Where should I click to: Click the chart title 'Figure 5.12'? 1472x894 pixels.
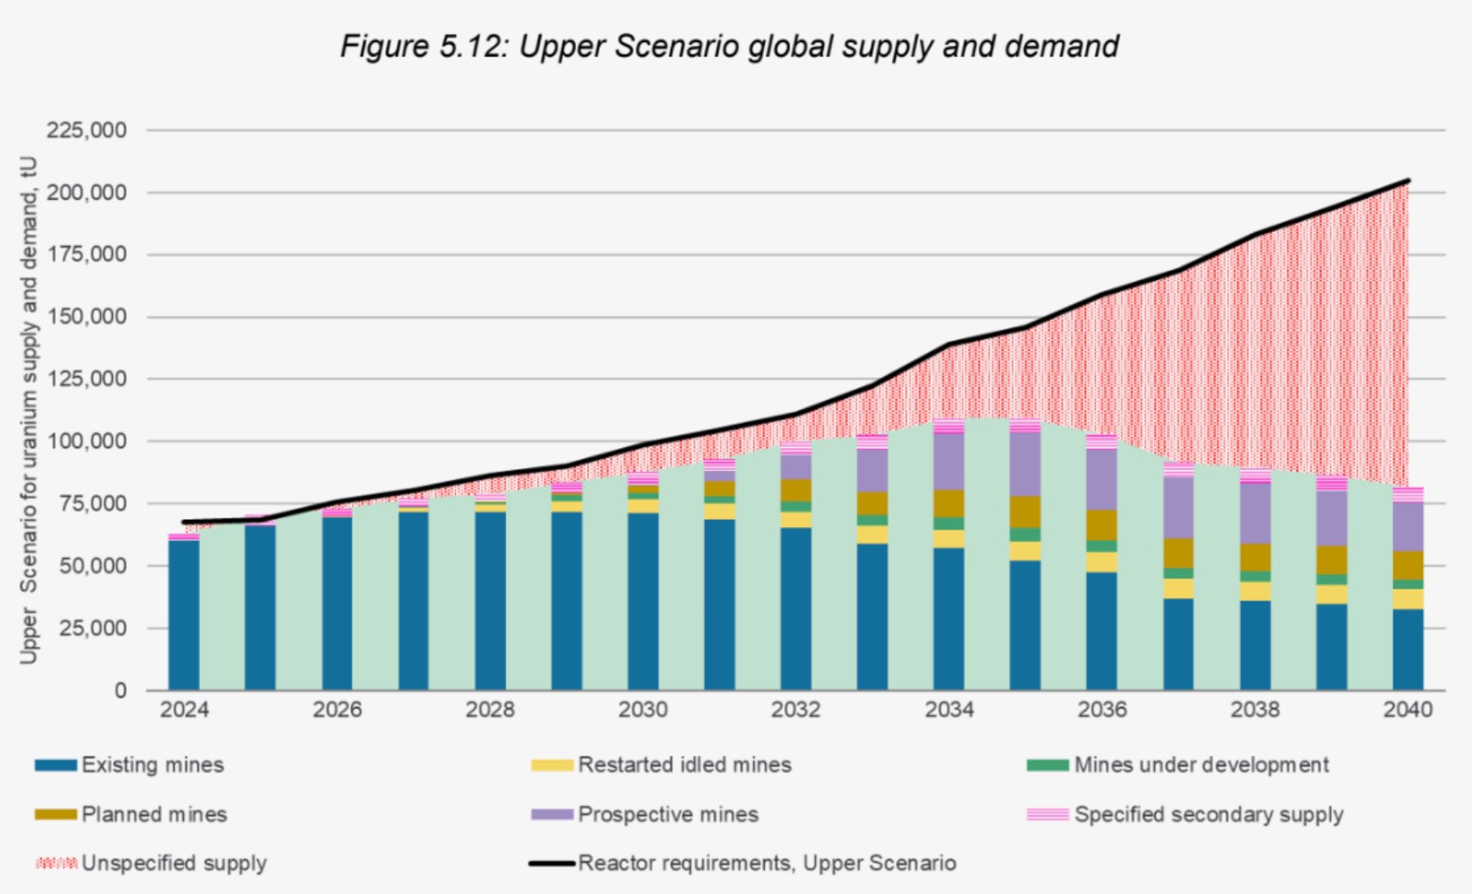[x=729, y=46]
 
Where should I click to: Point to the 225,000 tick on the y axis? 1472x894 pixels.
[x=86, y=131]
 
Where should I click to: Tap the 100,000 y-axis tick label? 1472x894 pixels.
[x=86, y=441]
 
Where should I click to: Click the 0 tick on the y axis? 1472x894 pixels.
[x=120, y=690]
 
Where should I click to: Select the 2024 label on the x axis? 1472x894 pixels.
[x=184, y=710]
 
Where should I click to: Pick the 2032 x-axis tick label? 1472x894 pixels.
[x=795, y=710]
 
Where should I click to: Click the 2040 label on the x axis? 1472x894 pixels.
[x=1408, y=710]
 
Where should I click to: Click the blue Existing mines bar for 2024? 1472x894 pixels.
[x=184, y=616]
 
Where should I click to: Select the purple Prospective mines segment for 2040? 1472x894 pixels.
[x=1408, y=526]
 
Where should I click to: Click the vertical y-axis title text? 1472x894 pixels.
[x=29, y=411]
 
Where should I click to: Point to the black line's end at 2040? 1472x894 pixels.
[x=1408, y=181]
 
